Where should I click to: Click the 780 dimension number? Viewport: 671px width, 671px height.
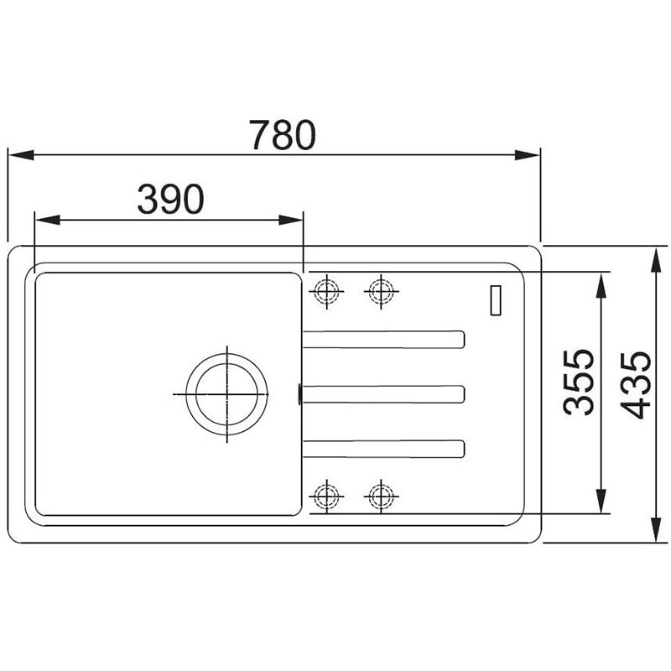tap(283, 134)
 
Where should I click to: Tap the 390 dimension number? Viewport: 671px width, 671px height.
tap(171, 199)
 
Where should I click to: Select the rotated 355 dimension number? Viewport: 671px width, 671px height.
tap(578, 382)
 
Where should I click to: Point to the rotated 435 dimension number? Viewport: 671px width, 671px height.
tap(636, 385)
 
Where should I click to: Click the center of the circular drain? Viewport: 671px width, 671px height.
tap(226, 394)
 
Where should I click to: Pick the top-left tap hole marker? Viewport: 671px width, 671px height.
tap(326, 291)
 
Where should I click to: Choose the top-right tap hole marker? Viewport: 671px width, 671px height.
tap(381, 291)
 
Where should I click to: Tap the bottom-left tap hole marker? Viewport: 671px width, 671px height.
tap(326, 497)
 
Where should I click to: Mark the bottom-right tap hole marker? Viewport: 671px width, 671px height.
tap(381, 497)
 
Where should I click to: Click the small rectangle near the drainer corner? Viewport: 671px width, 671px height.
tap(496, 300)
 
